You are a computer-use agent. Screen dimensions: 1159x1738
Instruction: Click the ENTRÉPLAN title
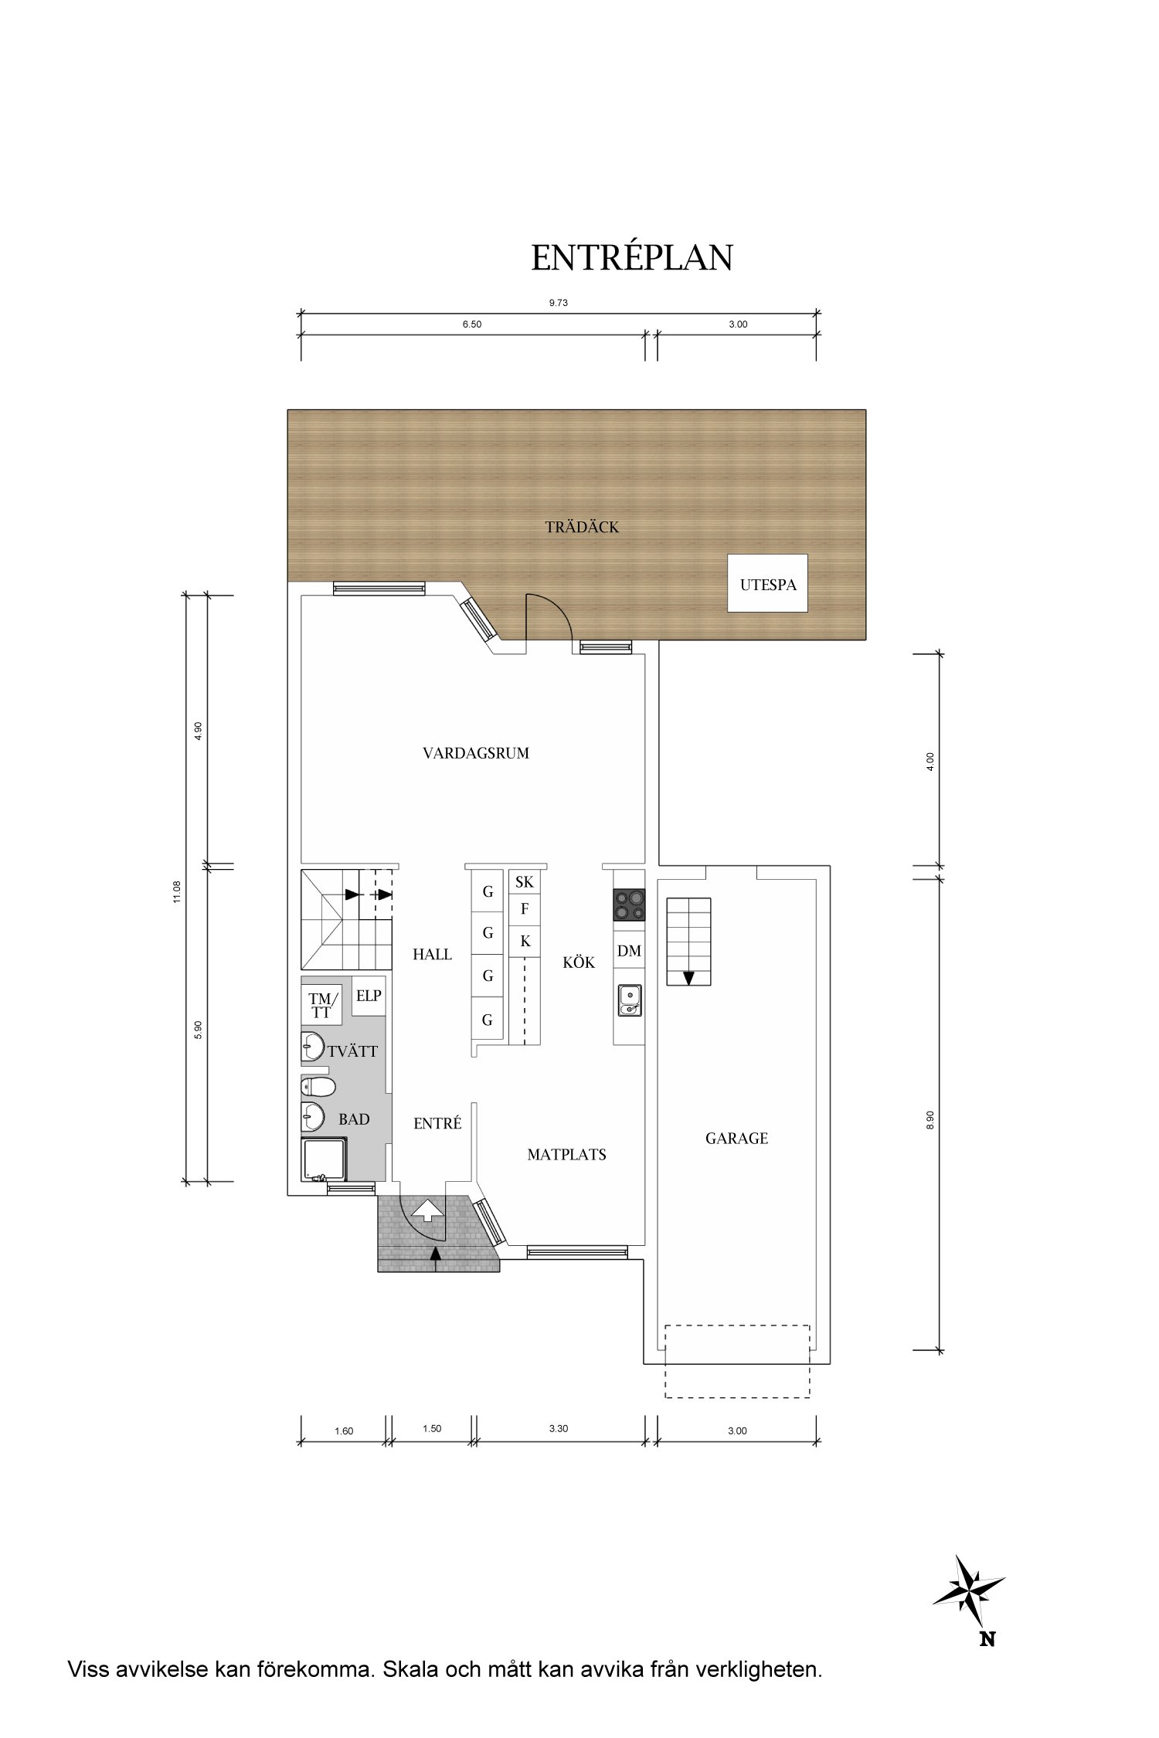click(631, 257)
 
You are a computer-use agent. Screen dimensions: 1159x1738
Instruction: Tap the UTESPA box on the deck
click(768, 584)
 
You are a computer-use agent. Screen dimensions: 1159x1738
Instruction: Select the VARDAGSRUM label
click(476, 753)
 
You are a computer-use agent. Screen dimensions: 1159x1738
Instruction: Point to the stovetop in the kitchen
click(629, 905)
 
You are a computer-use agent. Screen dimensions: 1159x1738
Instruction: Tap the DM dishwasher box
click(629, 952)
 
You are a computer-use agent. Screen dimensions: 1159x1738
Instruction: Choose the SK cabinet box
click(524, 882)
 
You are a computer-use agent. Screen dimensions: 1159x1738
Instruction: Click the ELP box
click(369, 996)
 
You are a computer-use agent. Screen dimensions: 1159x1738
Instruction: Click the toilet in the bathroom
click(318, 1088)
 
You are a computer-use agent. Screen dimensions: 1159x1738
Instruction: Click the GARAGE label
click(736, 1139)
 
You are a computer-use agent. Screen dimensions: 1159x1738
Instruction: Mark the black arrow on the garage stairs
click(688, 978)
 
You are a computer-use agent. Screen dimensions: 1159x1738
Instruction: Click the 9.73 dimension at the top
click(559, 304)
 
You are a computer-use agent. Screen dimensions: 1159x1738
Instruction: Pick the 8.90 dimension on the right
click(930, 1120)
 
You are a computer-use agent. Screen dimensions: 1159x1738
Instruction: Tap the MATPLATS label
click(566, 1156)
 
